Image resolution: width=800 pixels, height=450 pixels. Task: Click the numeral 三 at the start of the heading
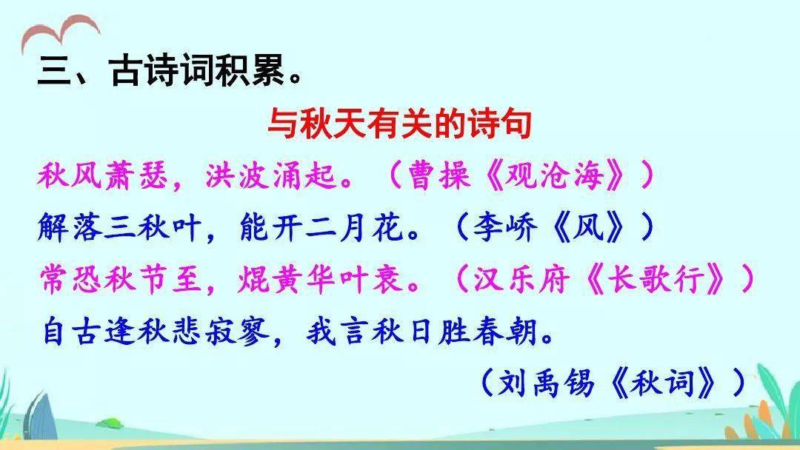[x=55, y=70]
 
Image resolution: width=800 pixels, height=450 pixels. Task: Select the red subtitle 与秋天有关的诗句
[x=399, y=124]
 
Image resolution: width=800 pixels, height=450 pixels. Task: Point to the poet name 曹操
[x=439, y=176]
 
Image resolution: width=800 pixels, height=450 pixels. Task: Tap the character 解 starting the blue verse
[x=53, y=227]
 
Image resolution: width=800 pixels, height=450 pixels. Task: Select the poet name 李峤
[x=504, y=227]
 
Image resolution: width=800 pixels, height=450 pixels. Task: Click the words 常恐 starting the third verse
[x=70, y=280]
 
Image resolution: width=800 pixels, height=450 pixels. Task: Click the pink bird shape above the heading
[x=60, y=32]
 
